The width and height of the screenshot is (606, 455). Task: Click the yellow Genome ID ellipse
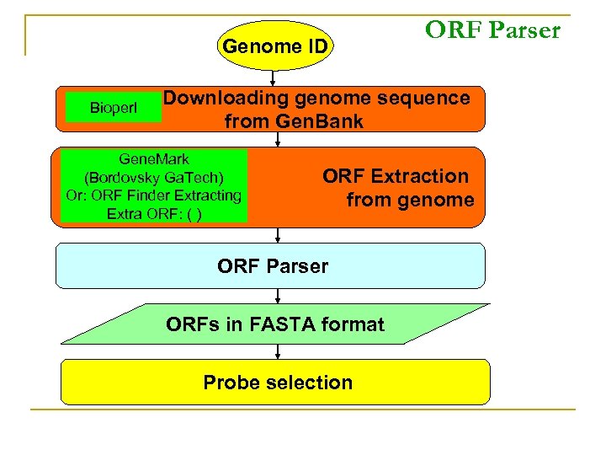point(274,46)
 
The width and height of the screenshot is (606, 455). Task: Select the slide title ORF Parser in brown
point(492,30)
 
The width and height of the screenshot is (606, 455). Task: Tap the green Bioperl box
point(114,108)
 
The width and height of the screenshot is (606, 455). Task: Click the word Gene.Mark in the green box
point(154,159)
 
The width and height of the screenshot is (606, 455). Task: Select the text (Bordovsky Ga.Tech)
point(154,177)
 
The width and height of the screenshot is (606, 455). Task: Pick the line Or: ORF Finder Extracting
point(154,195)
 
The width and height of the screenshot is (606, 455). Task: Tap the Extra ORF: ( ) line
point(154,213)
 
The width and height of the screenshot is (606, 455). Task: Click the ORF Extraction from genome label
point(397,188)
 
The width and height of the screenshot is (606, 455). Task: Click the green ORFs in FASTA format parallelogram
point(275,324)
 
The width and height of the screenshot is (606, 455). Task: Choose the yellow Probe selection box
point(275,383)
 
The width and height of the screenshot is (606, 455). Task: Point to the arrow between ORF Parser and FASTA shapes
point(277,296)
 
